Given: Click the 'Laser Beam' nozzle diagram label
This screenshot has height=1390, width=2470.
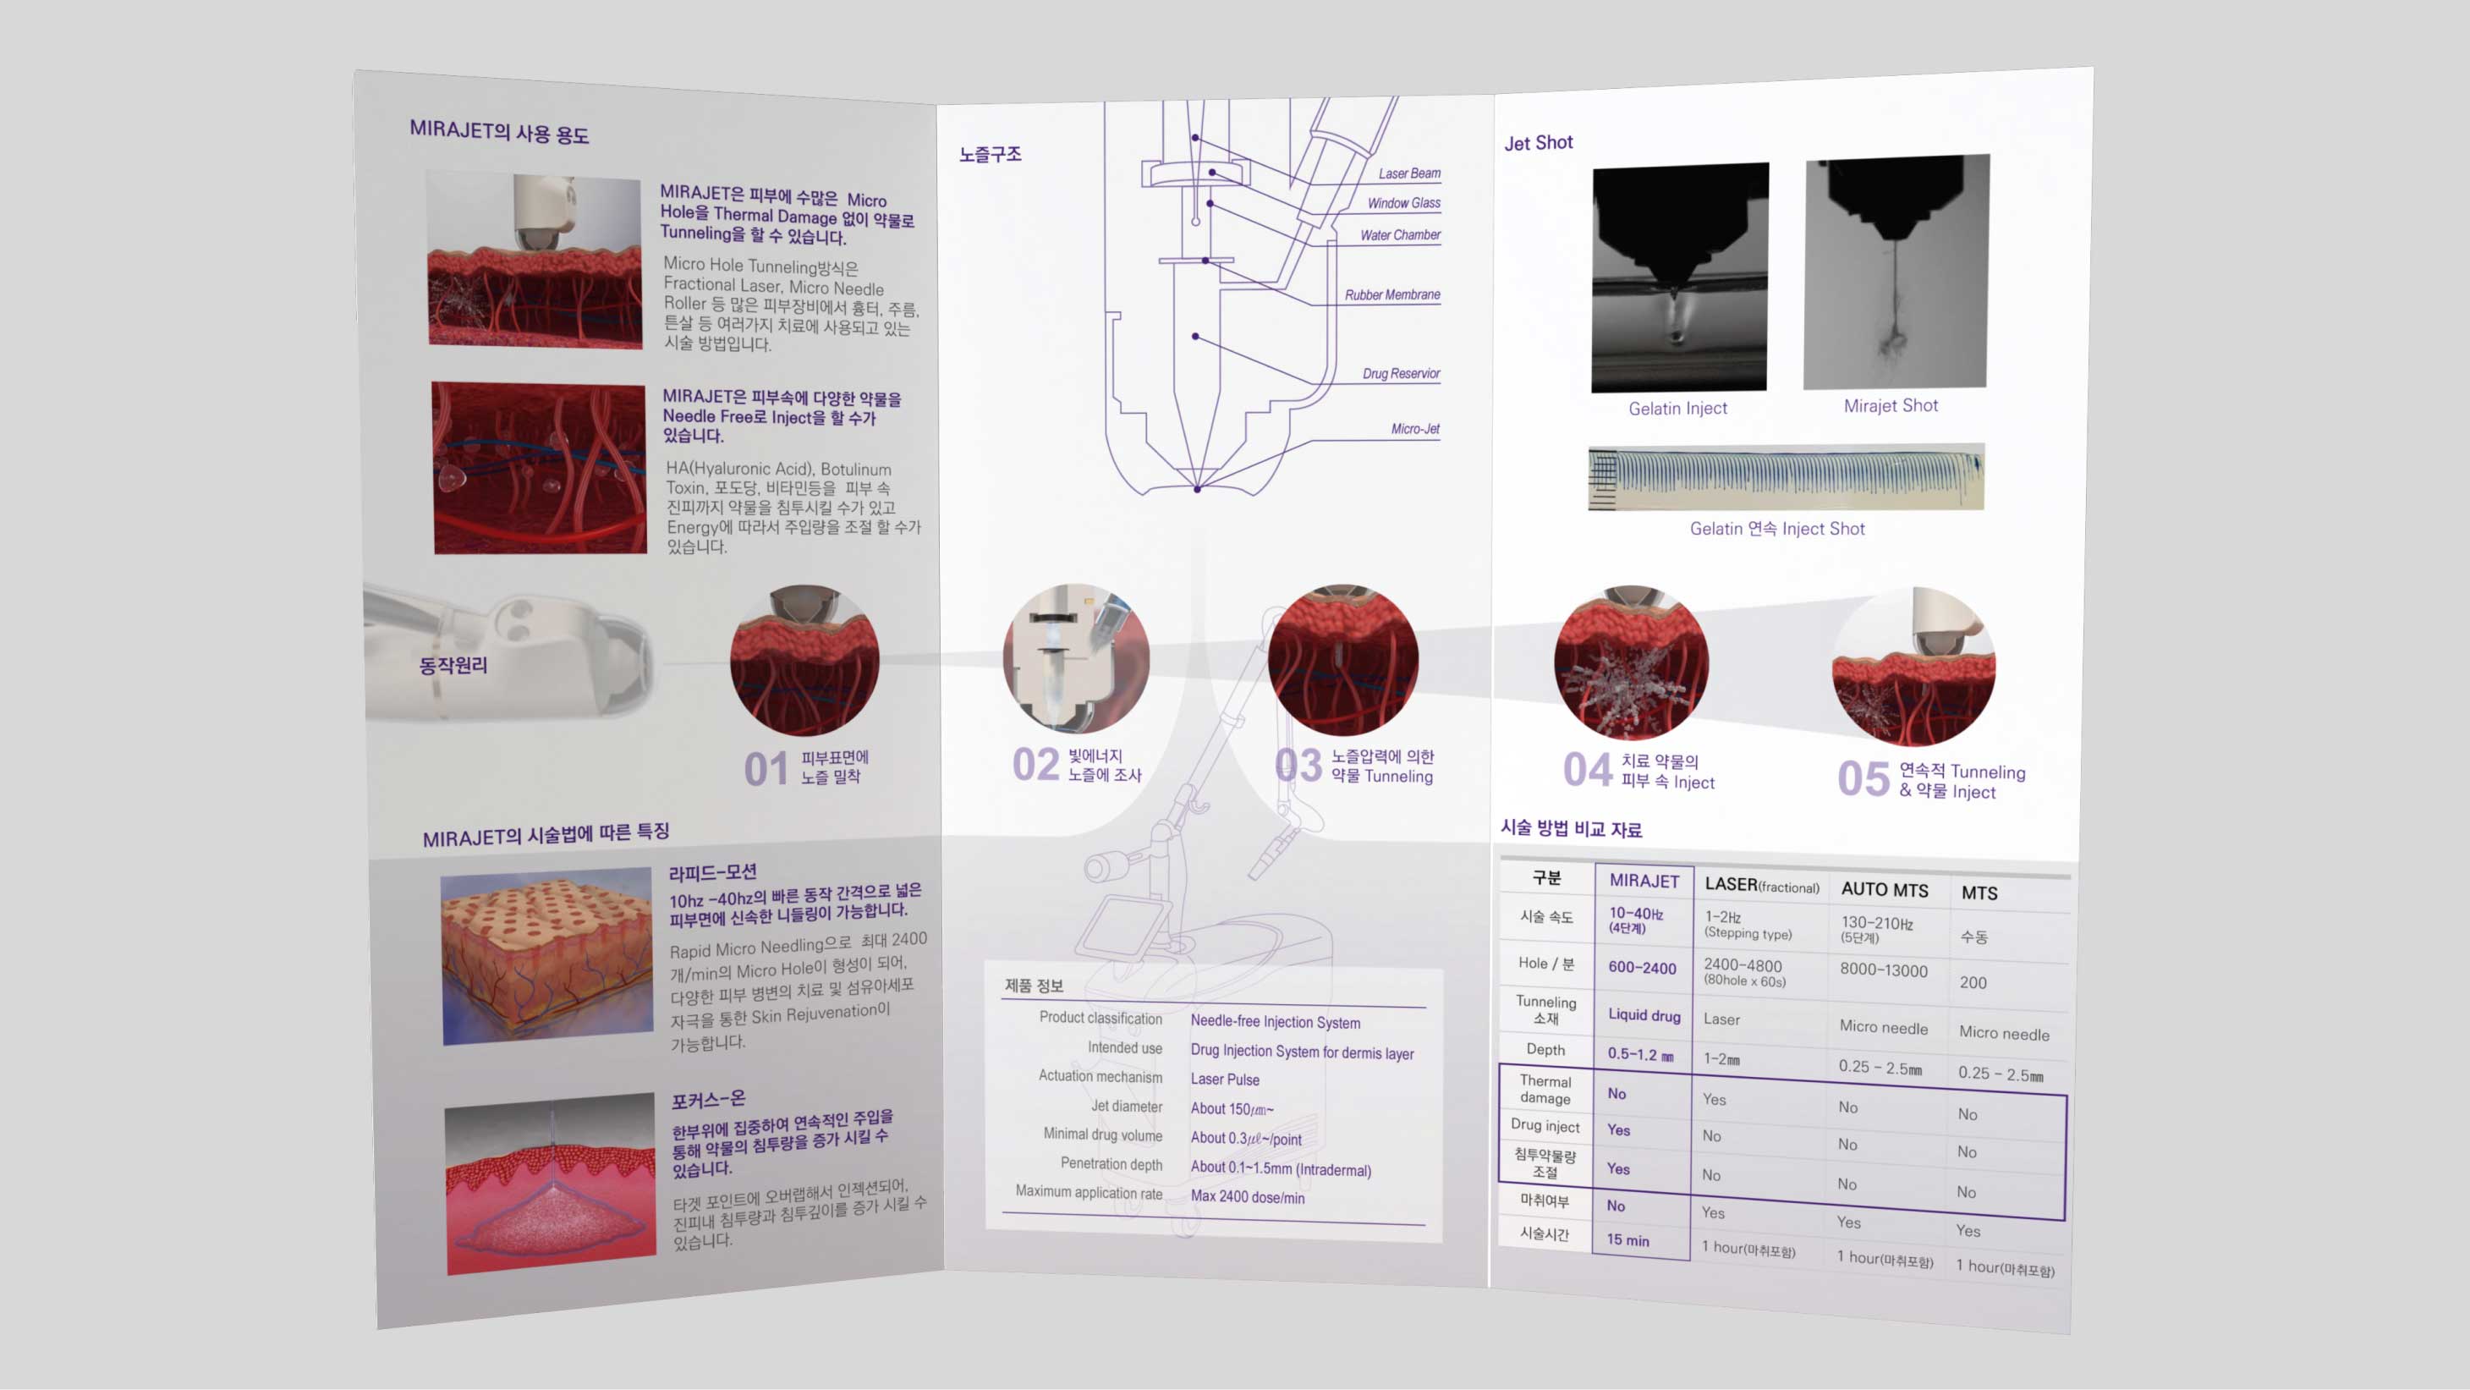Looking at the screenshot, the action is (x=1408, y=173).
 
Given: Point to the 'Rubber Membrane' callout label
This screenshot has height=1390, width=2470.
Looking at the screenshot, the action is (x=1392, y=295).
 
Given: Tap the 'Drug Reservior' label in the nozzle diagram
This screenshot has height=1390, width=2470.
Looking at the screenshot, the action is (x=1401, y=374).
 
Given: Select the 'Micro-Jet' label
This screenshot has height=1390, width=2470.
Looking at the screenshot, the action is (x=1415, y=429).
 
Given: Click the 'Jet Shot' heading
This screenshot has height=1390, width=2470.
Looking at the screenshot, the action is (x=1538, y=143).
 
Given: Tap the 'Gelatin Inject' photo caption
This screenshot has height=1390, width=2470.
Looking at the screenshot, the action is (x=1677, y=409).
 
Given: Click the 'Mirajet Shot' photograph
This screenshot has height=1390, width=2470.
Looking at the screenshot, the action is (x=1896, y=272).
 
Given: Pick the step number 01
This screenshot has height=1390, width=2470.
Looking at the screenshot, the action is (x=766, y=769).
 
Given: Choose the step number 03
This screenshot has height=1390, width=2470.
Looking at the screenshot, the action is (x=1298, y=766).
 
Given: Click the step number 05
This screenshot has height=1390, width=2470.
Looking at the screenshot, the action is (x=1863, y=779).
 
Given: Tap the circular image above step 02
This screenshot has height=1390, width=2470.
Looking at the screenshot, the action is (x=1076, y=658).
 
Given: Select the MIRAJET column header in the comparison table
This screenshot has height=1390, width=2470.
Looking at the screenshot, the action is (x=1644, y=881).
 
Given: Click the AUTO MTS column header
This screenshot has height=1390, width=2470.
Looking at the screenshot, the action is (x=1884, y=890).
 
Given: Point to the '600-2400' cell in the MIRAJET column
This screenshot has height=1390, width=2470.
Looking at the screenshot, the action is (x=1642, y=968).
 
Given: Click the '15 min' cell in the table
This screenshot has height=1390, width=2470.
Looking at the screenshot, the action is (x=1628, y=1240).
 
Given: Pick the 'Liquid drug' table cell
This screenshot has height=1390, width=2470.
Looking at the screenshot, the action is (x=1644, y=1015).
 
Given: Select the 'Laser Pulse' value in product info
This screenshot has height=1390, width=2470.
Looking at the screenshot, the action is (x=1225, y=1080).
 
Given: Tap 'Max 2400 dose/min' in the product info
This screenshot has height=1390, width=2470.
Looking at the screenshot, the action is (x=1248, y=1197).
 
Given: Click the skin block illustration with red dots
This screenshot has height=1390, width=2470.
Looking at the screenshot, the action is (x=546, y=955).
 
